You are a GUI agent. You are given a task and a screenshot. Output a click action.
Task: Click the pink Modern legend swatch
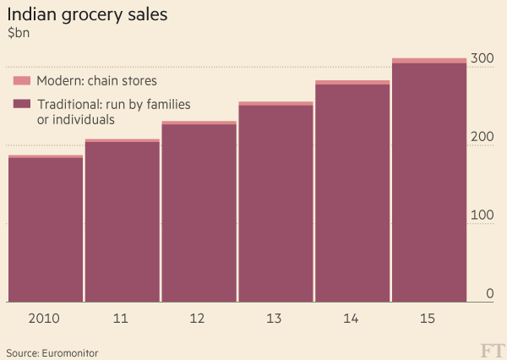pos(22,81)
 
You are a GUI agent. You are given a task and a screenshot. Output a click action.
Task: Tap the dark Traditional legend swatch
pos(22,104)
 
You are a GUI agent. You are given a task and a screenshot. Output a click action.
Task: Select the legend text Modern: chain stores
pos(96,81)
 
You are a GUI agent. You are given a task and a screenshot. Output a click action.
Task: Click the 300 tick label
pos(482,58)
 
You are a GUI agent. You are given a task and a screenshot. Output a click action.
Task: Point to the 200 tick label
pos(482,137)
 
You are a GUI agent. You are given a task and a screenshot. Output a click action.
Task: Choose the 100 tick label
pos(482,215)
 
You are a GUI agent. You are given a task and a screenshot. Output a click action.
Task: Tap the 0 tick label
pos(489,293)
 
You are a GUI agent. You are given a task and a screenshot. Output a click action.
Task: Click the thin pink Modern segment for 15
pos(429,60)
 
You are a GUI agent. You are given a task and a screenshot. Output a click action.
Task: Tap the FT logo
pos(491,350)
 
